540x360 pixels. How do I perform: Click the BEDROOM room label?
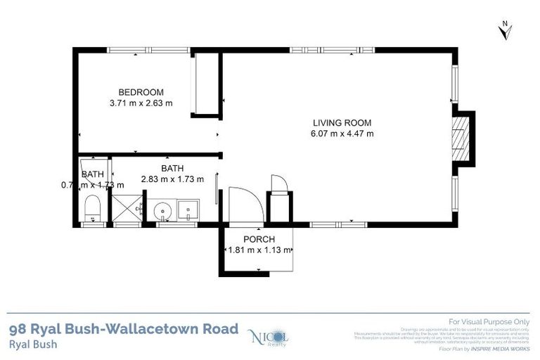tap(141, 92)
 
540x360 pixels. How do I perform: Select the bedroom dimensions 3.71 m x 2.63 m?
tap(141, 103)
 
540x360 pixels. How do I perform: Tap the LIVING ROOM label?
tap(342, 122)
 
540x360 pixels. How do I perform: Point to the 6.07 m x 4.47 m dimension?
tap(342, 134)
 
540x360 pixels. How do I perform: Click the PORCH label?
tap(258, 239)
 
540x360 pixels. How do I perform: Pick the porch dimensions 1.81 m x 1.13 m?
tap(258, 250)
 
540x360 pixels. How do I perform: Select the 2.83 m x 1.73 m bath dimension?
tap(172, 179)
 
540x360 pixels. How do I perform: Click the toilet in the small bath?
tap(91, 208)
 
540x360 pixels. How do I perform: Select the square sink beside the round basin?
tap(188, 209)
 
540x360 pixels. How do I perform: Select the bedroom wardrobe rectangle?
tap(207, 84)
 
